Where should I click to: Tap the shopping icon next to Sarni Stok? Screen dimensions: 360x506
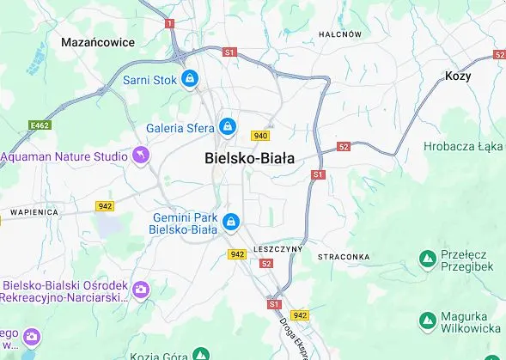190,80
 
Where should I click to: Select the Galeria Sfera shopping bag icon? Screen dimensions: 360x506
227,127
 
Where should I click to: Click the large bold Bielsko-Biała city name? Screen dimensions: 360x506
250,159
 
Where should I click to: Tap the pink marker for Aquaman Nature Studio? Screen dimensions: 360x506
141,156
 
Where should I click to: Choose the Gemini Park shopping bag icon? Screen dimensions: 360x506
230,223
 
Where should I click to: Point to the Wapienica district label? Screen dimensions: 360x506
34,211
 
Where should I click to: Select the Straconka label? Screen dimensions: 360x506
344,257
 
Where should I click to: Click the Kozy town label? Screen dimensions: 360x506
459,76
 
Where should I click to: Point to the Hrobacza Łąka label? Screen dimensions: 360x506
463,146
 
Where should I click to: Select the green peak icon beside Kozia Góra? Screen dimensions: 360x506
201,352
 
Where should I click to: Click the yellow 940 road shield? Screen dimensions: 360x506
260,136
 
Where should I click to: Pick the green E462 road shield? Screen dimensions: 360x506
39,125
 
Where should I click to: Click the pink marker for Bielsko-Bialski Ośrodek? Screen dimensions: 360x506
141,290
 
